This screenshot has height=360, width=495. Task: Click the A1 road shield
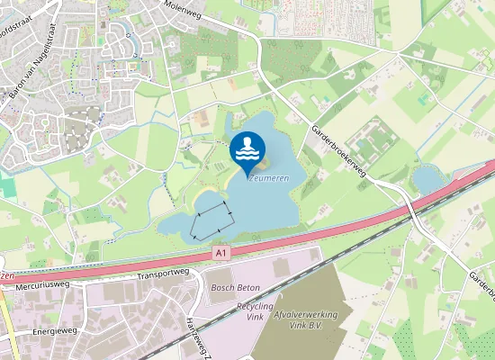click(x=221, y=255)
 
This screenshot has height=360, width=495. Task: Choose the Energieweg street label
click(x=54, y=332)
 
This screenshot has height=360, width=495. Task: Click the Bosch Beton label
click(x=233, y=288)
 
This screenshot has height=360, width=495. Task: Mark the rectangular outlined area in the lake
click(x=212, y=217)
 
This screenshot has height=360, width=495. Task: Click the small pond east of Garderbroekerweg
click(x=427, y=181)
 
